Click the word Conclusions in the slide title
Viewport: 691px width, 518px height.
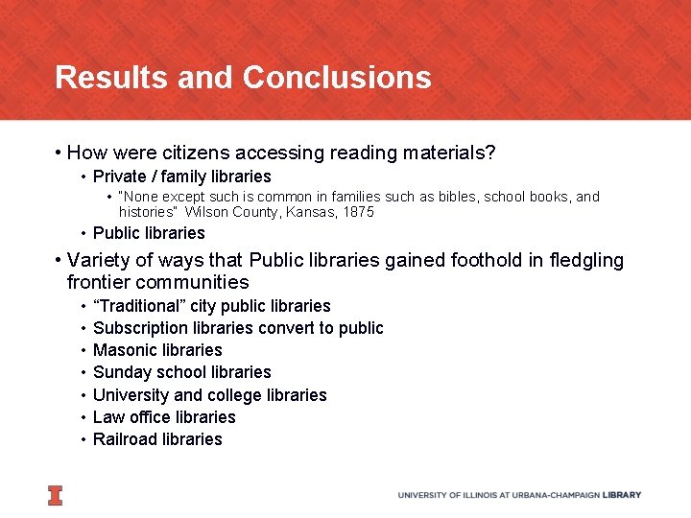(x=337, y=77)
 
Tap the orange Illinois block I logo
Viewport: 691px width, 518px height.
(x=55, y=495)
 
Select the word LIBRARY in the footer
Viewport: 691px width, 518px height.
(x=623, y=495)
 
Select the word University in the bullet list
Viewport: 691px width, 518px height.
(x=131, y=395)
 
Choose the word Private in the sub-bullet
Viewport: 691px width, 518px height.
(x=119, y=177)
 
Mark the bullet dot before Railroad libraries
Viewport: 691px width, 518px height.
(x=84, y=439)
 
